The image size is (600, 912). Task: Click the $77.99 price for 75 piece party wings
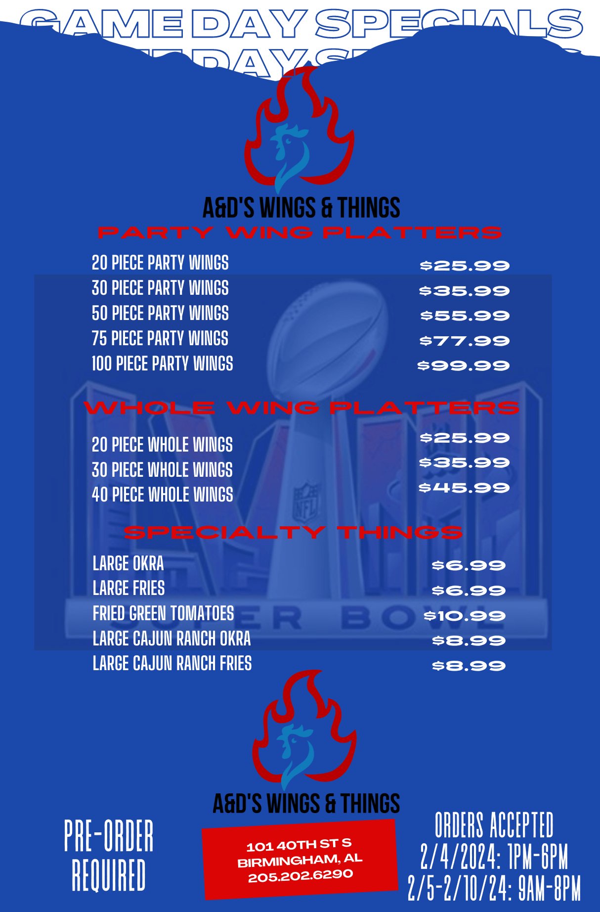pyautogui.click(x=464, y=341)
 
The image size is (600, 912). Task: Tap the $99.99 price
pyautogui.click(x=463, y=365)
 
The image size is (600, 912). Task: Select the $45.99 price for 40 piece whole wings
pyautogui.click(x=464, y=488)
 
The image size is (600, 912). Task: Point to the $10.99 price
pyautogui.click(x=464, y=616)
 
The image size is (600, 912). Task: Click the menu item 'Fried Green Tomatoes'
pyautogui.click(x=163, y=613)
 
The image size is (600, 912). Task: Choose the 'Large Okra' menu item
pyautogui.click(x=128, y=563)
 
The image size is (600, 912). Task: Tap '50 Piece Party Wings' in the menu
pyautogui.click(x=160, y=313)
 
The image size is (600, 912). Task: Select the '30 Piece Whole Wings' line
pyautogui.click(x=162, y=469)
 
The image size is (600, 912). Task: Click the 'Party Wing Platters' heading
pyautogui.click(x=300, y=232)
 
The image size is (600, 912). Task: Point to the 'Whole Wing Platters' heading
pyautogui.click(x=301, y=408)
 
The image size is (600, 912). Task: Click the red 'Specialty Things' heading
pyautogui.click(x=294, y=532)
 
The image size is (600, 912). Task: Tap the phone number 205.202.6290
pyautogui.click(x=300, y=875)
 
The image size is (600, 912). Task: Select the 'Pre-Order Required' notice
pyautogui.click(x=109, y=856)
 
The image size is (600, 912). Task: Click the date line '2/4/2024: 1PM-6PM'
pyautogui.click(x=494, y=857)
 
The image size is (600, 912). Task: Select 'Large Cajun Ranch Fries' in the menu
pyautogui.click(x=172, y=663)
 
